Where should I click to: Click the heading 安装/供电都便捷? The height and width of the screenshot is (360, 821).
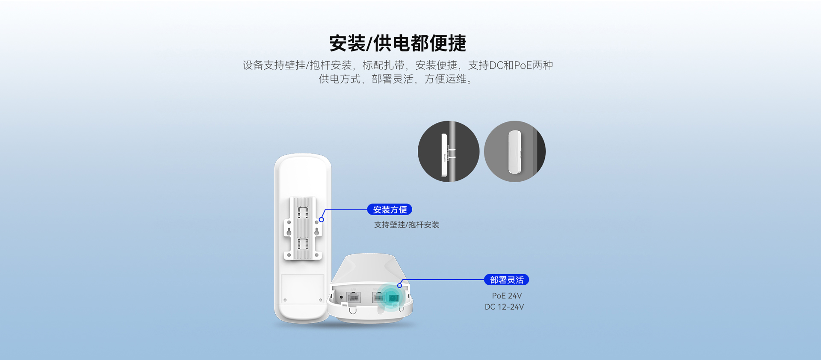tap(398, 43)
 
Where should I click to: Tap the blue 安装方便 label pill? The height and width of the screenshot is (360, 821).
tap(390, 210)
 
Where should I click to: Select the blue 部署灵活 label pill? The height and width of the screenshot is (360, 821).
tap(506, 280)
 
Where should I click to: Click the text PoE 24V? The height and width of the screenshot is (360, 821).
tap(507, 296)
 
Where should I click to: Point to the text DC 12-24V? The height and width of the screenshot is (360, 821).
tap(504, 307)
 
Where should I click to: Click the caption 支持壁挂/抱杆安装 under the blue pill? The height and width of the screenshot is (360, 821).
tap(407, 225)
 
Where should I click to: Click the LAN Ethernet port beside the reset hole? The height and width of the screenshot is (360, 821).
tap(354, 297)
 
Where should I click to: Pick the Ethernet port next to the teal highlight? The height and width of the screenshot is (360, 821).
tap(379, 297)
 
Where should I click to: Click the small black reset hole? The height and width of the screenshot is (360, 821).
tap(341, 297)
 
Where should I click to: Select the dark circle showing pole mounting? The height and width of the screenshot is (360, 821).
tap(449, 151)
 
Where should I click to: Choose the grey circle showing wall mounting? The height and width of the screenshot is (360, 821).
tap(515, 151)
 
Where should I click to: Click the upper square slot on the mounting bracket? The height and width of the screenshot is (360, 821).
tap(303, 212)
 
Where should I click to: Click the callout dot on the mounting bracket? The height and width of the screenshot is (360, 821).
tap(322, 220)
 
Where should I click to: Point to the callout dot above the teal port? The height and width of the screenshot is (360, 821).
tap(399, 286)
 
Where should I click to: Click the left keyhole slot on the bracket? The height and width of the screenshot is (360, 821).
tap(289, 231)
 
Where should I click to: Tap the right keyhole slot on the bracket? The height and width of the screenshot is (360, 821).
tap(317, 231)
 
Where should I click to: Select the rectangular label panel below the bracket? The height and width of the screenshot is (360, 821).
tap(303, 289)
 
